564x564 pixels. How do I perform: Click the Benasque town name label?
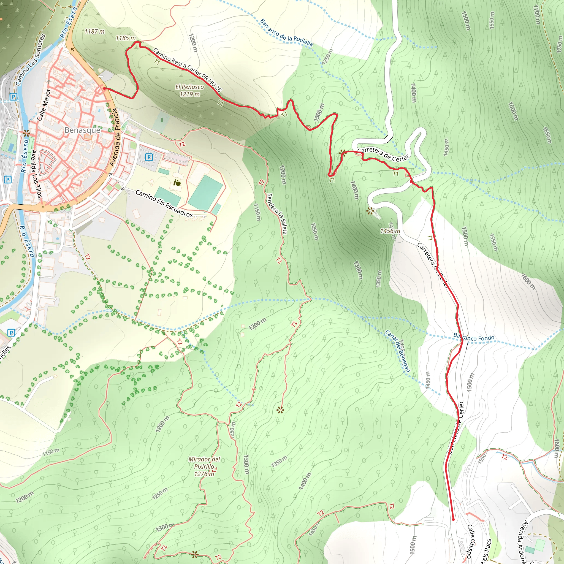(82, 130)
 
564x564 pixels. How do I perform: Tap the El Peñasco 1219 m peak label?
(189, 91)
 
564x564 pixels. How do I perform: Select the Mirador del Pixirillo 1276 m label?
(204, 467)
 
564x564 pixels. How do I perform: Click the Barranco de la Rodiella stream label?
(286, 33)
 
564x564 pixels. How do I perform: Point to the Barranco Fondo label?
(474, 337)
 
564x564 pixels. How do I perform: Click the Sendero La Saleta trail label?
(277, 214)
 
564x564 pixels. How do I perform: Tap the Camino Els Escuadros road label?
(164, 204)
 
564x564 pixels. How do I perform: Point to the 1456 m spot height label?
(390, 231)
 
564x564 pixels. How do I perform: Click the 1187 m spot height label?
(94, 31)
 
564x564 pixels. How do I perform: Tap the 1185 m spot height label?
(126, 38)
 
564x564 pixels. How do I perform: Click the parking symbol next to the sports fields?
(149, 158)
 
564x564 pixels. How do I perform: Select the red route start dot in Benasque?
(104, 88)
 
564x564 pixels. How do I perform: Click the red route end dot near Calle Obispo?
(453, 519)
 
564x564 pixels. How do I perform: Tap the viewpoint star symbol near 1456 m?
(370, 210)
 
